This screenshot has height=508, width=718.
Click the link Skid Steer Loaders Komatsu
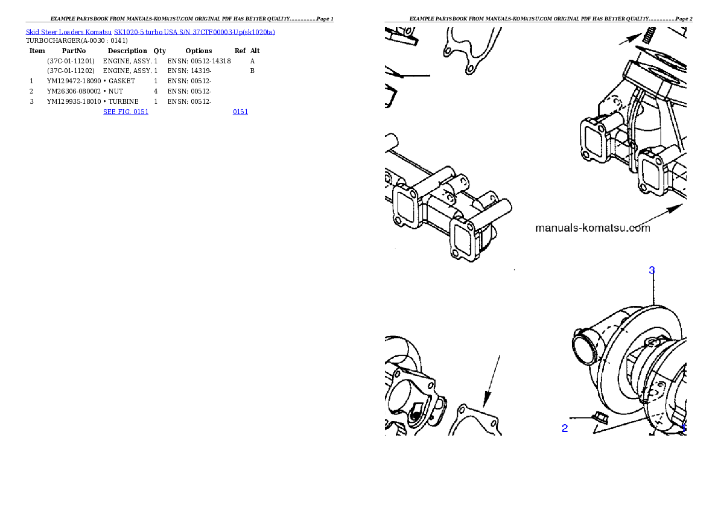click(69, 32)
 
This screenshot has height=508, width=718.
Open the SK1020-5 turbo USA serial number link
click(194, 32)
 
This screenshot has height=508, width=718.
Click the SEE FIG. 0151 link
click(125, 112)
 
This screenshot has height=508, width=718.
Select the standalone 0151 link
click(240, 112)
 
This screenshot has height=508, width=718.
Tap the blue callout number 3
click(652, 270)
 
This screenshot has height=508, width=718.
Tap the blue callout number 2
click(565, 428)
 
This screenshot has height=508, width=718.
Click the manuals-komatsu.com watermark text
click(593, 228)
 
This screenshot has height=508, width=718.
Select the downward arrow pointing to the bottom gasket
click(491, 380)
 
